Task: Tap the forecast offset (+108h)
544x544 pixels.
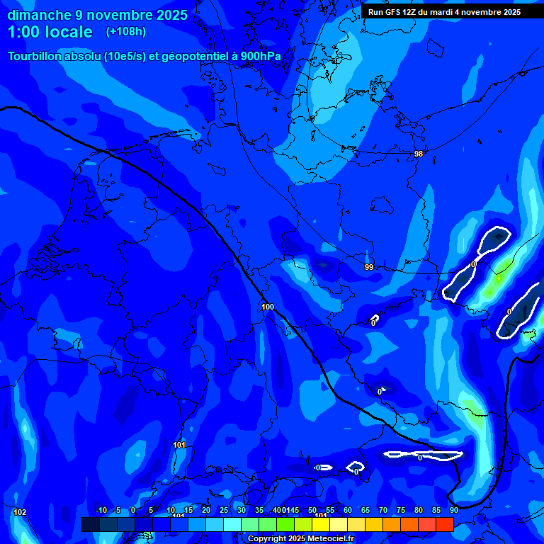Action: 127,32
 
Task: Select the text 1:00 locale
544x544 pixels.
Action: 50,32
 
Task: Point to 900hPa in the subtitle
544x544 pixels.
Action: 261,57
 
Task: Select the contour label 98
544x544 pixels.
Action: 419,154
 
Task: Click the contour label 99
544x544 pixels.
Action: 369,267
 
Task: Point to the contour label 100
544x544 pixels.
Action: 268,307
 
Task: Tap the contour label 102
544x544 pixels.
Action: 20,512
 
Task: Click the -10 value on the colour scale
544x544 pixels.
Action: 101,511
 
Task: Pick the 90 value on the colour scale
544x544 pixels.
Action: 454,511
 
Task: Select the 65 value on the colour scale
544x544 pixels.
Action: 365,511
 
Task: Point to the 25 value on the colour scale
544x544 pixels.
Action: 224,511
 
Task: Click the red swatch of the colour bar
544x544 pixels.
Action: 445,524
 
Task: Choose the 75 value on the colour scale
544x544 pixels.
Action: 401,511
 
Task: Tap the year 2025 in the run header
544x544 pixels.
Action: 509,12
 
